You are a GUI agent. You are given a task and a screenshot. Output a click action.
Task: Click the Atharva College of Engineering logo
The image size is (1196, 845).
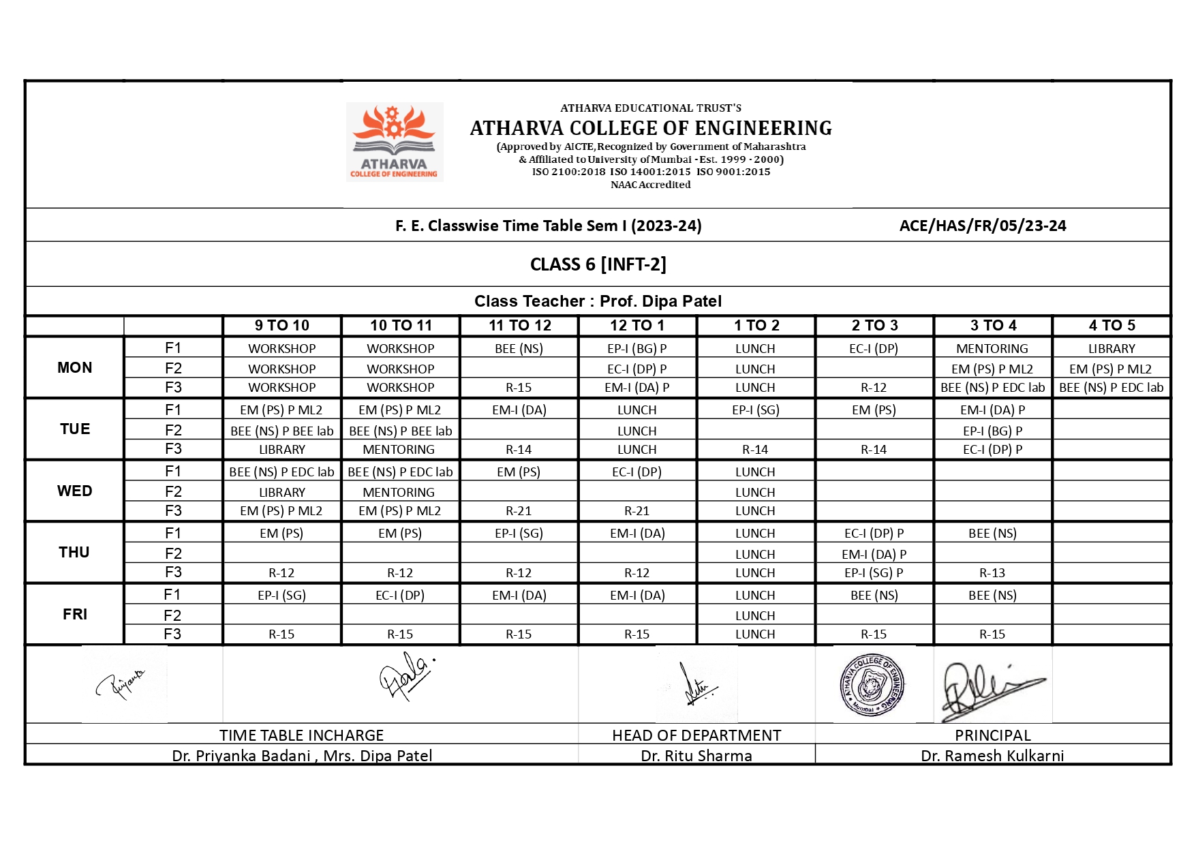click(395, 142)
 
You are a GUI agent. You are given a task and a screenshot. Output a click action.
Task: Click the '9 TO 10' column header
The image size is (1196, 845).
click(281, 326)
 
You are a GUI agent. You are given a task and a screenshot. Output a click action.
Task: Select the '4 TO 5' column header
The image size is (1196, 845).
click(1111, 326)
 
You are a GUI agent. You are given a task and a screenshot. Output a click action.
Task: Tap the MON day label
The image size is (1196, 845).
click(75, 368)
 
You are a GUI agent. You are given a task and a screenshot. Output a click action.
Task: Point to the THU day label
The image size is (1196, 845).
click(74, 553)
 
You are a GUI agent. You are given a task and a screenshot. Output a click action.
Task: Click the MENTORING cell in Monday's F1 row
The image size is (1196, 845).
click(992, 349)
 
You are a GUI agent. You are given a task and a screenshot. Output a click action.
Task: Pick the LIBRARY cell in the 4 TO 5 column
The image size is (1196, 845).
click(1111, 349)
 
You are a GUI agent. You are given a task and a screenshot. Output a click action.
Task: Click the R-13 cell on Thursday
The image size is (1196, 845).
click(992, 573)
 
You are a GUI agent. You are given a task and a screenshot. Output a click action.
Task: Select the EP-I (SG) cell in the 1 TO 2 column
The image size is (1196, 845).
click(755, 410)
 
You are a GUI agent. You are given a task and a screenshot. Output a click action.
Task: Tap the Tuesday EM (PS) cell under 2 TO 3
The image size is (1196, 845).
click(874, 410)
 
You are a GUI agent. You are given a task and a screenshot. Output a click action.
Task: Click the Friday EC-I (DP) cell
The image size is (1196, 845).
click(400, 596)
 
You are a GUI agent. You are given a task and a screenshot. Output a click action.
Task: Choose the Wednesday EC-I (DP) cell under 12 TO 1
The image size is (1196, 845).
click(637, 472)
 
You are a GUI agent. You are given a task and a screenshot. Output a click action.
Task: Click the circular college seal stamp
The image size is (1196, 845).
click(872, 685)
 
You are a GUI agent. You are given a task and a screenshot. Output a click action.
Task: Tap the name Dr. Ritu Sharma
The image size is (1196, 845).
click(696, 756)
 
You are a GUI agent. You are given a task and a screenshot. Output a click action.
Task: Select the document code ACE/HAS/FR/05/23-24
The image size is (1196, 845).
click(983, 226)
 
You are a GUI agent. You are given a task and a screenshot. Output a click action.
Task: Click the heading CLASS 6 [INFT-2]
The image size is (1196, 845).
click(598, 264)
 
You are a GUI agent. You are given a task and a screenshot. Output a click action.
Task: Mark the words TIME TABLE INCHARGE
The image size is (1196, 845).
click(301, 735)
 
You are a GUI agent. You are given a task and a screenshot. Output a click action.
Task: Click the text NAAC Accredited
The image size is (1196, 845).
click(650, 185)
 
